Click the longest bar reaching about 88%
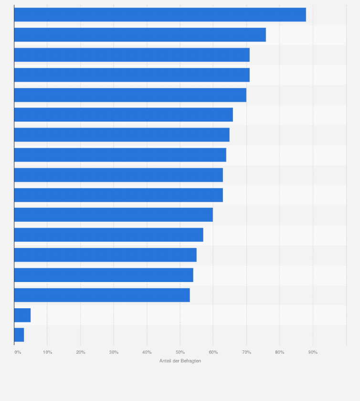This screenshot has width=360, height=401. coord(160,15)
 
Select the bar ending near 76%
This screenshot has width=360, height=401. coord(140,35)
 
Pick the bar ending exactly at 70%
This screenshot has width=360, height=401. coord(130,95)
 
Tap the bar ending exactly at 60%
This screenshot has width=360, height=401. coord(114,215)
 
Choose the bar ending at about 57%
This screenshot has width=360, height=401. coord(109,235)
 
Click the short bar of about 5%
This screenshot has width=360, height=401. coord(22,315)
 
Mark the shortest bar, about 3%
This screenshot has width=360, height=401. coord(19,335)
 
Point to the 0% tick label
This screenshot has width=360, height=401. coord(18,352)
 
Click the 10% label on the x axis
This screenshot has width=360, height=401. coord(47,352)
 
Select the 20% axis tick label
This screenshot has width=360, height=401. coord(81,352)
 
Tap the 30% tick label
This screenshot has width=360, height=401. coord(114,352)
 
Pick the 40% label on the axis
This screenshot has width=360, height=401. coord(147,352)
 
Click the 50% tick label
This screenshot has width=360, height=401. coord(180,352)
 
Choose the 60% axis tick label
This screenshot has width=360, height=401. coord(213,352)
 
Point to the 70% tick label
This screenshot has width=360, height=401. coord(246,352)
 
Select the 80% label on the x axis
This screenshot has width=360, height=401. coord(279,352)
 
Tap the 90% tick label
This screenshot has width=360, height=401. coord(313,352)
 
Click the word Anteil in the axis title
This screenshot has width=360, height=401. coord(165,361)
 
